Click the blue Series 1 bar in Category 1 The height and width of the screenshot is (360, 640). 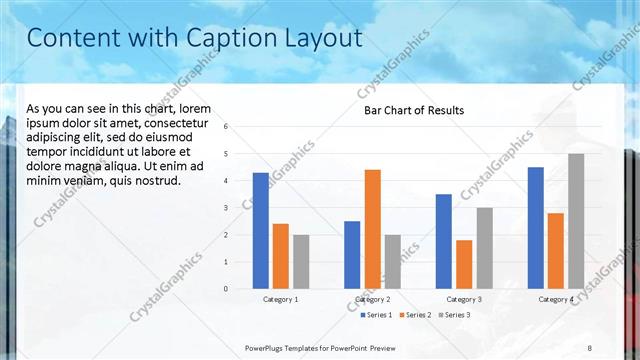click(x=261, y=231)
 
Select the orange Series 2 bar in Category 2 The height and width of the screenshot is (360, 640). click(x=372, y=229)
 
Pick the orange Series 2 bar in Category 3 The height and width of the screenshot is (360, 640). click(x=464, y=264)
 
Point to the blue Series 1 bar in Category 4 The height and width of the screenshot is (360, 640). click(x=536, y=228)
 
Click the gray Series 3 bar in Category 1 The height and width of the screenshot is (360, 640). click(x=301, y=262)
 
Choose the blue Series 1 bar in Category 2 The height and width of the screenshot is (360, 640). click(x=352, y=255)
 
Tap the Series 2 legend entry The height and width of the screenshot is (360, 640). click(x=415, y=315)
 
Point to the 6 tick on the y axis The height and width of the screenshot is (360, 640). click(x=227, y=127)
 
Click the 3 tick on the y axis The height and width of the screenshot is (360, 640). click(x=227, y=208)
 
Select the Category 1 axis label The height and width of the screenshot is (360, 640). click(x=281, y=299)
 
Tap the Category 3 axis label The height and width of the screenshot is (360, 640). click(x=463, y=299)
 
